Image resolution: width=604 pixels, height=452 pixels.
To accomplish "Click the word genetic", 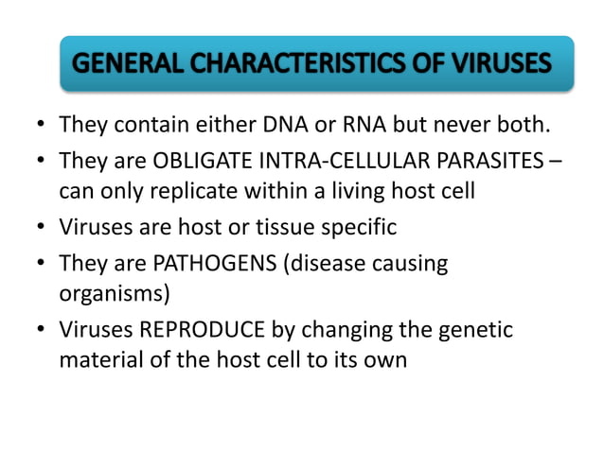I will [x=473, y=329].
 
